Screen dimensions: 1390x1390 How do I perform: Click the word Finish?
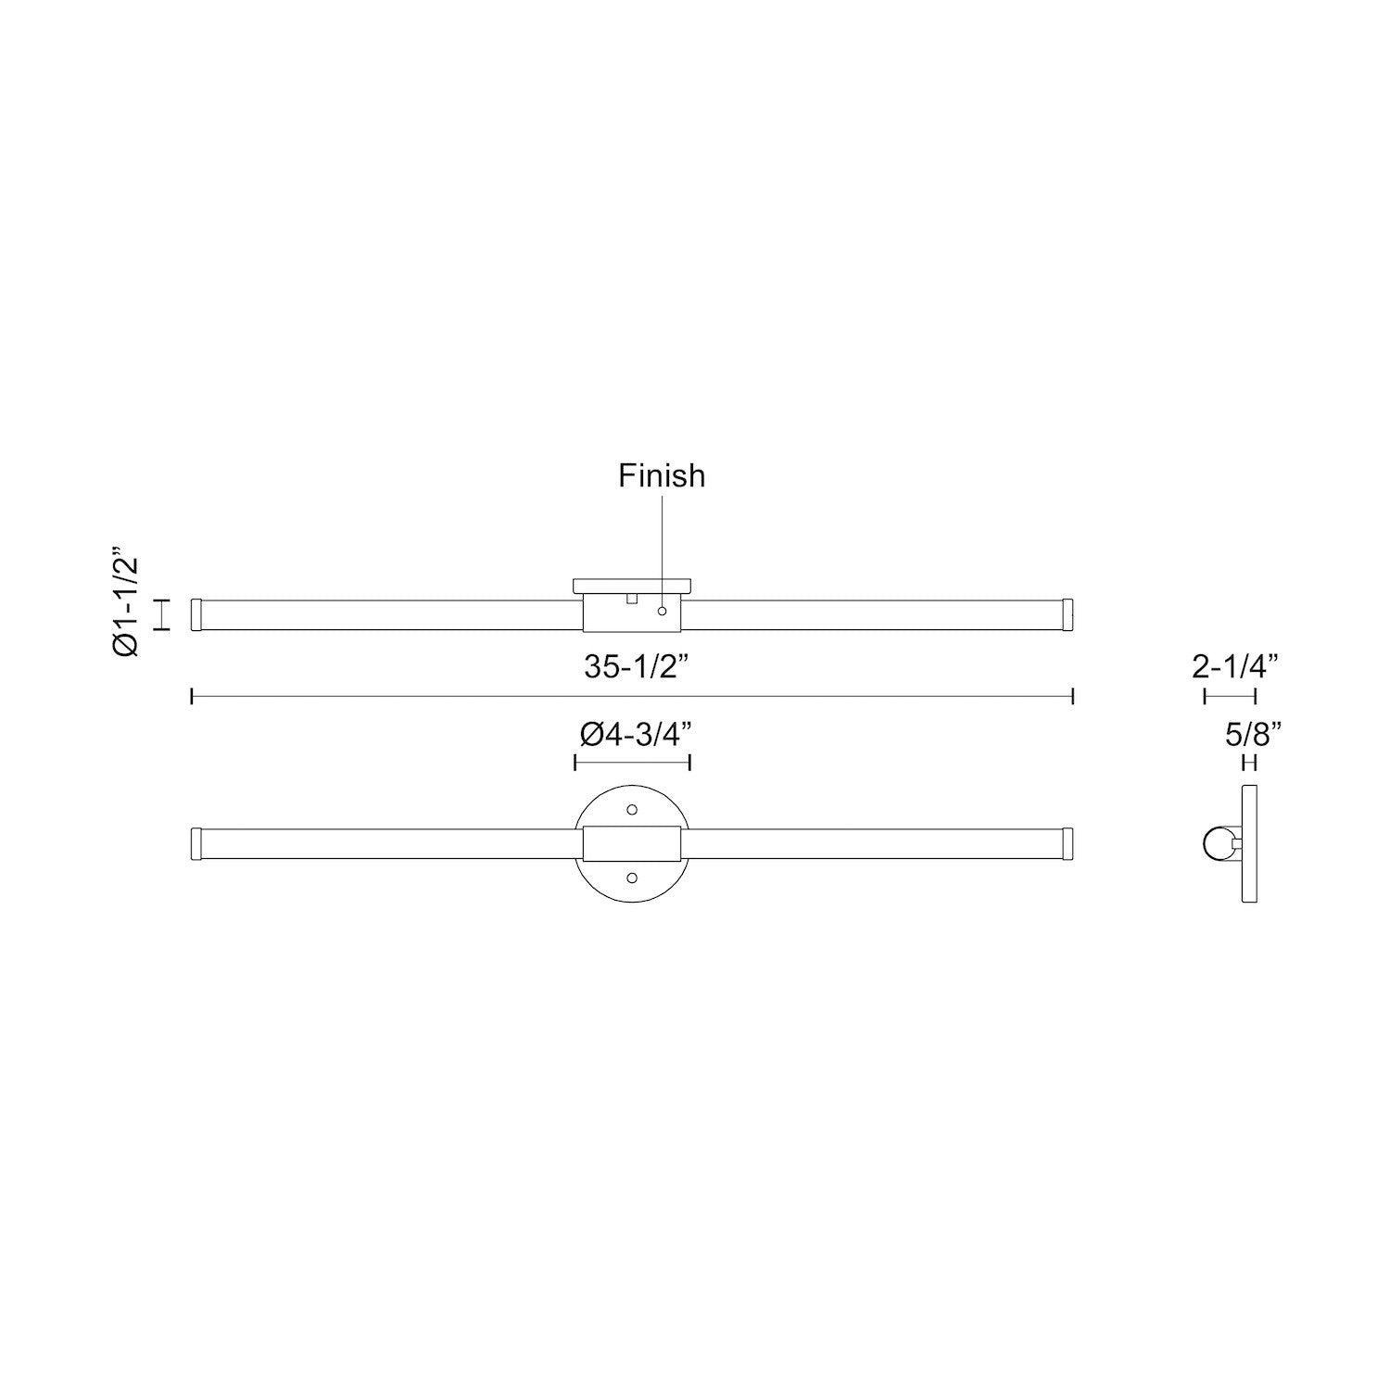[x=662, y=476]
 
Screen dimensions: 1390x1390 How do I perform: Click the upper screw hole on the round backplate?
[x=633, y=809]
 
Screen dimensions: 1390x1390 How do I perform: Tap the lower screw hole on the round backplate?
[x=633, y=877]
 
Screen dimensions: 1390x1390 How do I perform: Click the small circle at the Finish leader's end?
[x=662, y=612]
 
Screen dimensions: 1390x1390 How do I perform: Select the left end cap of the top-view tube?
[x=196, y=615]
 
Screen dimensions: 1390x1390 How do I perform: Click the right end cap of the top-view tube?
[x=1067, y=615]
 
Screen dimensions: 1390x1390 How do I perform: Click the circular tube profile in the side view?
[x=1216, y=843]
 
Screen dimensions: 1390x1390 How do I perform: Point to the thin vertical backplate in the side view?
[x=1250, y=843]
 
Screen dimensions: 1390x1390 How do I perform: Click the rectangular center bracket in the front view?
[x=633, y=843]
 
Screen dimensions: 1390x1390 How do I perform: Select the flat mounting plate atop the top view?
[x=633, y=586]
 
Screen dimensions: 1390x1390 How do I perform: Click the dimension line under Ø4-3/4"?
[x=633, y=763]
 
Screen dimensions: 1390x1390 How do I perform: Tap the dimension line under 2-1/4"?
[x=1230, y=696]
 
